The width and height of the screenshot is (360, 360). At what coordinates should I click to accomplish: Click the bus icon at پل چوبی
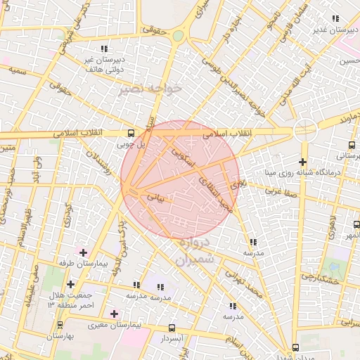pyautogui.click(x=131, y=133)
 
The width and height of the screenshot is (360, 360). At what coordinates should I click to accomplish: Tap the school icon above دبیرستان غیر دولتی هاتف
pyautogui.click(x=104, y=49)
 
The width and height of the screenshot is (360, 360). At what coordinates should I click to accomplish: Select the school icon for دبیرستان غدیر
pyautogui.click(x=335, y=18)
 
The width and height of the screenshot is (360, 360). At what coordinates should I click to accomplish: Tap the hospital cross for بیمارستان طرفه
pyautogui.click(x=84, y=252)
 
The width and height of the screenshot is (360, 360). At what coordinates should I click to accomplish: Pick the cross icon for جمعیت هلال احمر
pyautogui.click(x=70, y=284)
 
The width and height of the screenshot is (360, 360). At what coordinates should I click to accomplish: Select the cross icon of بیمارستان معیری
pyautogui.click(x=115, y=314)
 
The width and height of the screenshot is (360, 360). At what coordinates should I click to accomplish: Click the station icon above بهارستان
pyautogui.click(x=60, y=325)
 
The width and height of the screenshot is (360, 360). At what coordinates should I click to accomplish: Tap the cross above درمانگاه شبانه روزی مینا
pyautogui.click(x=302, y=162)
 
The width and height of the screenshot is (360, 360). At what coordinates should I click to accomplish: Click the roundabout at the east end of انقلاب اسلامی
pyautogui.click(x=304, y=129)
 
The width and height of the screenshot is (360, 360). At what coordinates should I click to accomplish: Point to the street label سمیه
pyautogui.click(x=18, y=72)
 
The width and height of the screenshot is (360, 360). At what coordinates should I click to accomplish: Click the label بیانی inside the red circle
pyautogui.click(x=155, y=199)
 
